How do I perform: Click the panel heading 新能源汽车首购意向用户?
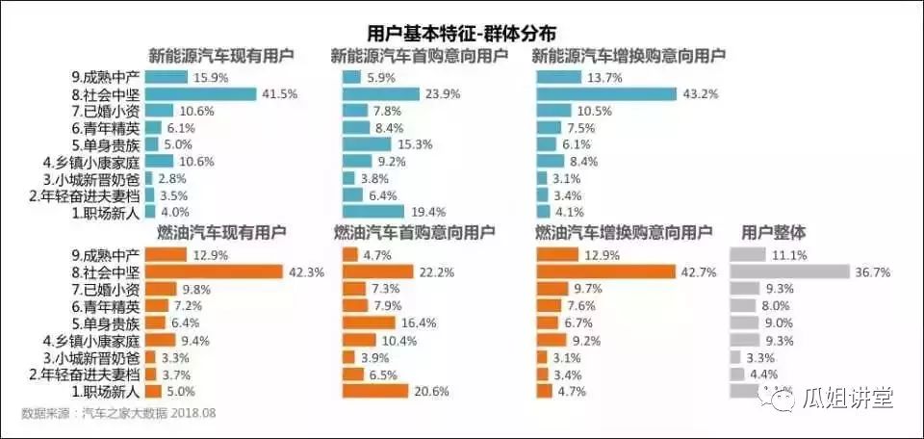pyautogui.click(x=420, y=56)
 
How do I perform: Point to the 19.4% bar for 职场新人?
pyautogui.click(x=374, y=212)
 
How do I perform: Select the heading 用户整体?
pyautogui.click(x=774, y=232)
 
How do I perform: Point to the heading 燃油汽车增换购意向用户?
pyautogui.click(x=623, y=232)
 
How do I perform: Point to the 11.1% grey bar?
pyautogui.click(x=748, y=255)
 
